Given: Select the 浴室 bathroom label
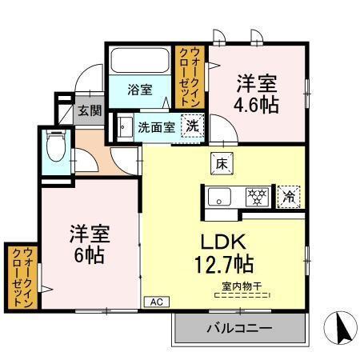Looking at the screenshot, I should coord(140,90).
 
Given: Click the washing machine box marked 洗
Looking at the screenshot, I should coord(193,126).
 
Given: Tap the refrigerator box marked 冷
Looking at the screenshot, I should coord(286,194).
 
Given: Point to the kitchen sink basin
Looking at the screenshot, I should coord(219,196).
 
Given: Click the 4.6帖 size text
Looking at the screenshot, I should coord(257,104).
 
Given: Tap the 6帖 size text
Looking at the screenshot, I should coord(88,256).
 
